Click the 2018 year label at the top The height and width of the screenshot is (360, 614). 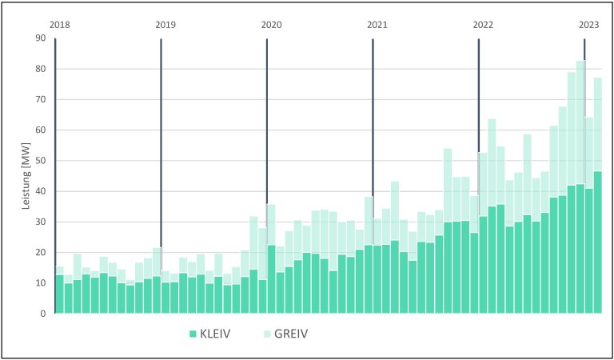click(59, 25)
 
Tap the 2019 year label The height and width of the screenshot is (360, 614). click(165, 25)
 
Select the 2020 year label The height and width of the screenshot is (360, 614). click(271, 25)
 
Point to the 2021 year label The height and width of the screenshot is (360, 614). click(377, 25)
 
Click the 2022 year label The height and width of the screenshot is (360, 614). click(483, 25)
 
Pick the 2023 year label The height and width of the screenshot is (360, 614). click(589, 25)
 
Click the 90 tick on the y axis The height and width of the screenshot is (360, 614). click(41, 38)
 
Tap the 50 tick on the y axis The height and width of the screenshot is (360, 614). click(41, 161)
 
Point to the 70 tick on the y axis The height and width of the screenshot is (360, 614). click(41, 100)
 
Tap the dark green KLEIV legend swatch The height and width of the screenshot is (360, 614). click(192, 333)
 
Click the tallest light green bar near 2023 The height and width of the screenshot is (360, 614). click(580, 120)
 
